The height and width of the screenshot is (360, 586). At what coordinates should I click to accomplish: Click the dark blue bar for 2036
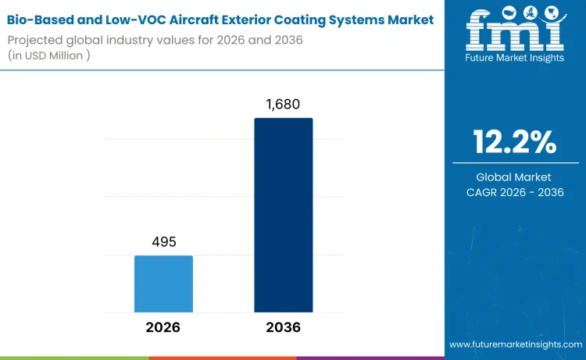pyautogui.click(x=284, y=216)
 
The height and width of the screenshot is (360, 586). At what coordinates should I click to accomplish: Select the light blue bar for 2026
pyautogui.click(x=163, y=283)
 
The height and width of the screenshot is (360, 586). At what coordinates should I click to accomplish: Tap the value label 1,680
pyautogui.click(x=284, y=103)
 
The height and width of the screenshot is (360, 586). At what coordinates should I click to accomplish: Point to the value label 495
pyautogui.click(x=163, y=241)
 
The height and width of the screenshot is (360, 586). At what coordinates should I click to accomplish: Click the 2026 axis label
pyautogui.click(x=163, y=328)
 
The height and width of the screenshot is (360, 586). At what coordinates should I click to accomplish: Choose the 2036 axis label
pyautogui.click(x=284, y=328)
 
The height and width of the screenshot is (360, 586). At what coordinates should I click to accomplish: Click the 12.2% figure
pyautogui.click(x=515, y=143)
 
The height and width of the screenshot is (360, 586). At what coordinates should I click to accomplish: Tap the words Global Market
pyautogui.click(x=515, y=177)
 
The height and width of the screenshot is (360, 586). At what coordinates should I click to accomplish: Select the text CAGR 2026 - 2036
pyautogui.click(x=515, y=192)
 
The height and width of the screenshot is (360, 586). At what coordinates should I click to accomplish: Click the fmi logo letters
pyautogui.click(x=515, y=36)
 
